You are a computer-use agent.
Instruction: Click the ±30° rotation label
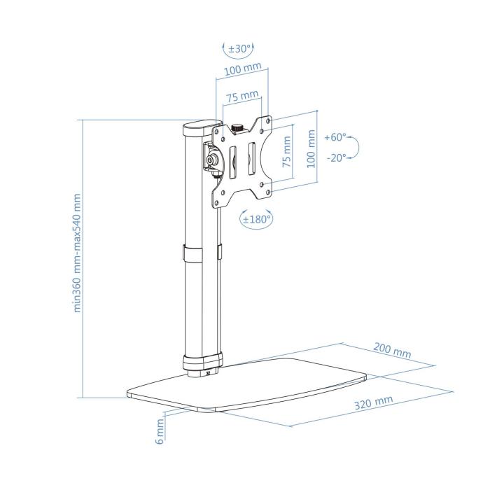pos(239,49)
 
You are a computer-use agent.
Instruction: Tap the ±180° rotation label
pos(256,218)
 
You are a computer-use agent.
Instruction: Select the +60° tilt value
pos(335,137)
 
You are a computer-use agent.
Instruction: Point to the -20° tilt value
pos(335,157)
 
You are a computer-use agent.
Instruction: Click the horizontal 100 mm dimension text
pos(242,70)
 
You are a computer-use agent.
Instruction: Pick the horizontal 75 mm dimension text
pos(241,94)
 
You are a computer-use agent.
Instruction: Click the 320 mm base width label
pos(373,404)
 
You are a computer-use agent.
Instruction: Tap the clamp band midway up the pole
pos(200,254)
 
